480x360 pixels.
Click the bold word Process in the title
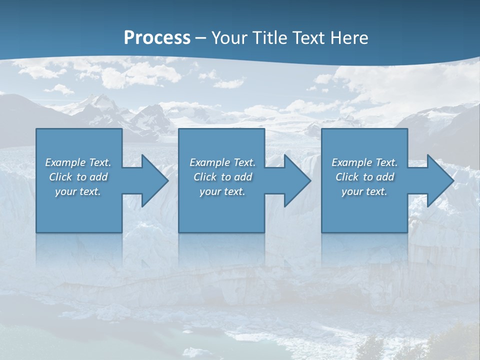click(x=157, y=37)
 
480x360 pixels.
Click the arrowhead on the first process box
click(x=153, y=180)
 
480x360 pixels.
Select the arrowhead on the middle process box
click(x=296, y=180)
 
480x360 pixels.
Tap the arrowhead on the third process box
click(x=439, y=180)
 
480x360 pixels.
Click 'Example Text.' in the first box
click(x=78, y=162)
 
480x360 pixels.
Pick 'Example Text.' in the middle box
click(x=222, y=162)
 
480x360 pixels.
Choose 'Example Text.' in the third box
click(x=364, y=162)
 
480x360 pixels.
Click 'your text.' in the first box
click(x=78, y=191)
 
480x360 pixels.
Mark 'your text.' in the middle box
click(x=222, y=191)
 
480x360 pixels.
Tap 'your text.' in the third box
click(x=364, y=191)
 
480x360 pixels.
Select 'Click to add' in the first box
click(x=78, y=177)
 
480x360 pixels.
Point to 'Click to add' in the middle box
click(x=222, y=177)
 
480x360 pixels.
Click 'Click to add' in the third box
click(x=364, y=177)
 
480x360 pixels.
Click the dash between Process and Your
click(x=201, y=38)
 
